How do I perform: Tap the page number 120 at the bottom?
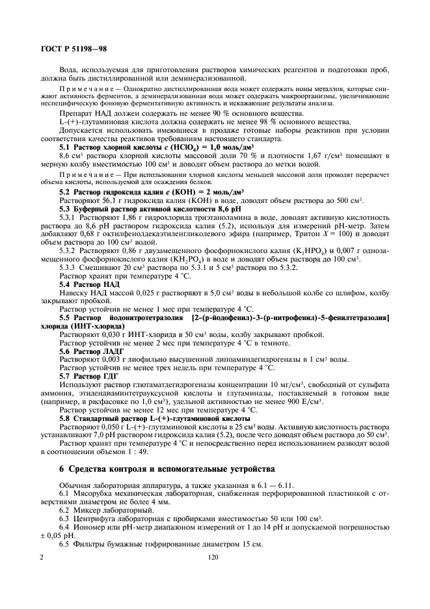(212, 558)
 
